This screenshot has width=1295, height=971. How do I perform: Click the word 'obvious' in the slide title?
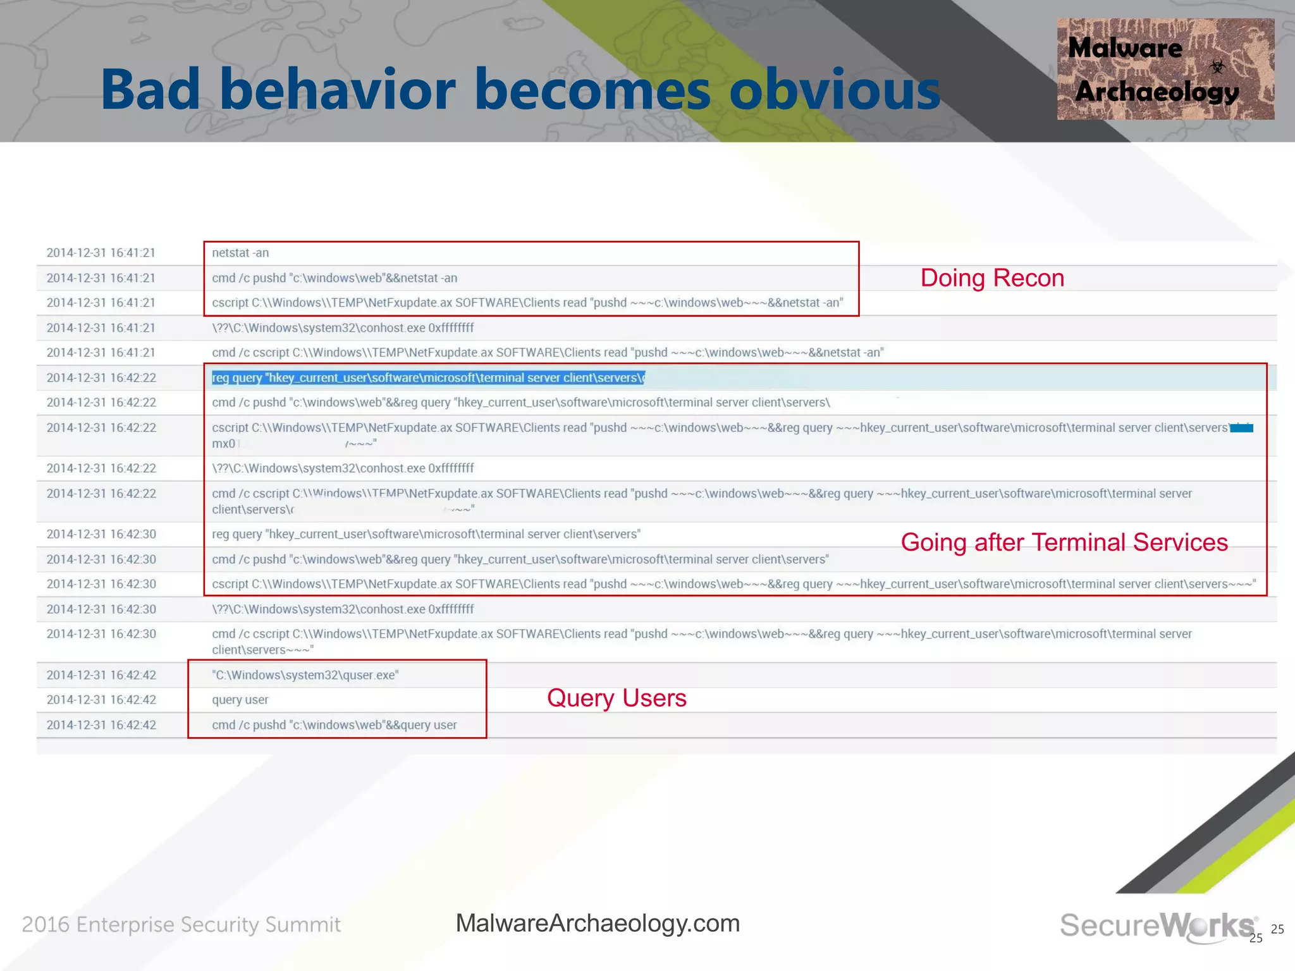[x=835, y=90]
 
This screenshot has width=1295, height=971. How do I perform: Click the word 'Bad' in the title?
[x=150, y=90]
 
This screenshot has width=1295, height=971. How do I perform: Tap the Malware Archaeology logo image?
[x=1165, y=69]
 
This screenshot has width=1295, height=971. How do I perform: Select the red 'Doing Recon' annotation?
[x=991, y=278]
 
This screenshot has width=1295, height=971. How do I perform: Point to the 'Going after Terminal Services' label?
[x=1064, y=542]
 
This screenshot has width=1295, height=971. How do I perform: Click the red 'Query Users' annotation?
[x=616, y=698]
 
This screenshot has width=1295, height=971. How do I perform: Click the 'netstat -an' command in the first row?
[x=240, y=253]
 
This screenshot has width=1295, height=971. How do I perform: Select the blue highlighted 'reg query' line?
[x=427, y=378]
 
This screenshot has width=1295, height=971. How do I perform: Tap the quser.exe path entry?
[x=305, y=675]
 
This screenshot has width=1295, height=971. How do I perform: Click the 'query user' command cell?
[x=240, y=700]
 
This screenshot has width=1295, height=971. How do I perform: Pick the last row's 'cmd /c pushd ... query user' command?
[x=334, y=725]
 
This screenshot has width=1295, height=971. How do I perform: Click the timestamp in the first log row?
[x=101, y=253]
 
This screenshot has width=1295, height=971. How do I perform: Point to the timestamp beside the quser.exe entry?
[x=101, y=675]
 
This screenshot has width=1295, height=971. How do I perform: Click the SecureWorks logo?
[x=1157, y=925]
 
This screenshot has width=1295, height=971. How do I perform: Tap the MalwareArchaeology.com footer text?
[x=597, y=924]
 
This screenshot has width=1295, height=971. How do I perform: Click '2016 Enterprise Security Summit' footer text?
[x=181, y=925]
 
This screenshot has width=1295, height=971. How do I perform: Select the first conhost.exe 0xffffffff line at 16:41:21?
[x=343, y=328]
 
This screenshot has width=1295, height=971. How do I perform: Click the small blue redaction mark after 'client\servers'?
[x=1241, y=428]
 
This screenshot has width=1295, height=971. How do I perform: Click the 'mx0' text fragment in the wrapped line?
[x=223, y=444]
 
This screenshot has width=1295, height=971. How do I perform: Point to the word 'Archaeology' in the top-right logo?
[x=1157, y=92]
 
